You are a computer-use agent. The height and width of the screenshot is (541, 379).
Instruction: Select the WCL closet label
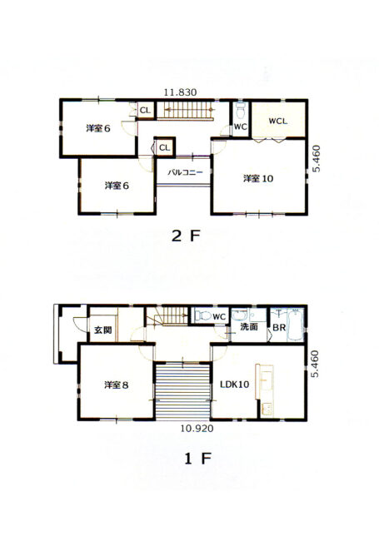(x=277, y=121)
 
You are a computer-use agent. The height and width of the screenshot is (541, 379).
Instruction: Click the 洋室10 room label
(x=257, y=178)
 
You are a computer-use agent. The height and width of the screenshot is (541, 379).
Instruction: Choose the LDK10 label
(x=237, y=385)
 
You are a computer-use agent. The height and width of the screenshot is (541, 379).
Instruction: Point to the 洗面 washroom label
(x=249, y=327)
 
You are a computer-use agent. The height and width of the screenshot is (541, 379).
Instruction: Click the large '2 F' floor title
(x=187, y=236)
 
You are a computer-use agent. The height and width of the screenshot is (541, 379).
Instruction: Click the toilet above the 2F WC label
(x=241, y=112)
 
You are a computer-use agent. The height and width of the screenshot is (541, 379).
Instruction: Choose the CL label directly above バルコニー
(x=164, y=148)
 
